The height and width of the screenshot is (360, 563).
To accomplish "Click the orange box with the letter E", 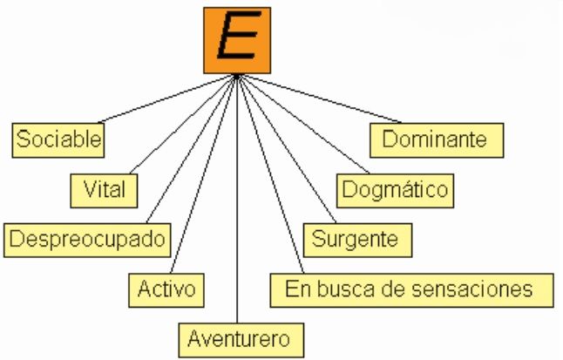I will click(237, 40).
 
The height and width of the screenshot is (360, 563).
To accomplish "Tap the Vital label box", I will click(105, 187).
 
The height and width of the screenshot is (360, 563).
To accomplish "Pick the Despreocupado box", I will click(87, 238).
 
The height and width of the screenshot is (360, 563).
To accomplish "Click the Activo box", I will click(166, 288).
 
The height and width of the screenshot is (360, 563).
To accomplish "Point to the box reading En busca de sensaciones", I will click(412, 288).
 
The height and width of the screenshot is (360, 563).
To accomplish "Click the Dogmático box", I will click(394, 187).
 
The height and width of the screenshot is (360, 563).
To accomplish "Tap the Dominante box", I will click(438, 138).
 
